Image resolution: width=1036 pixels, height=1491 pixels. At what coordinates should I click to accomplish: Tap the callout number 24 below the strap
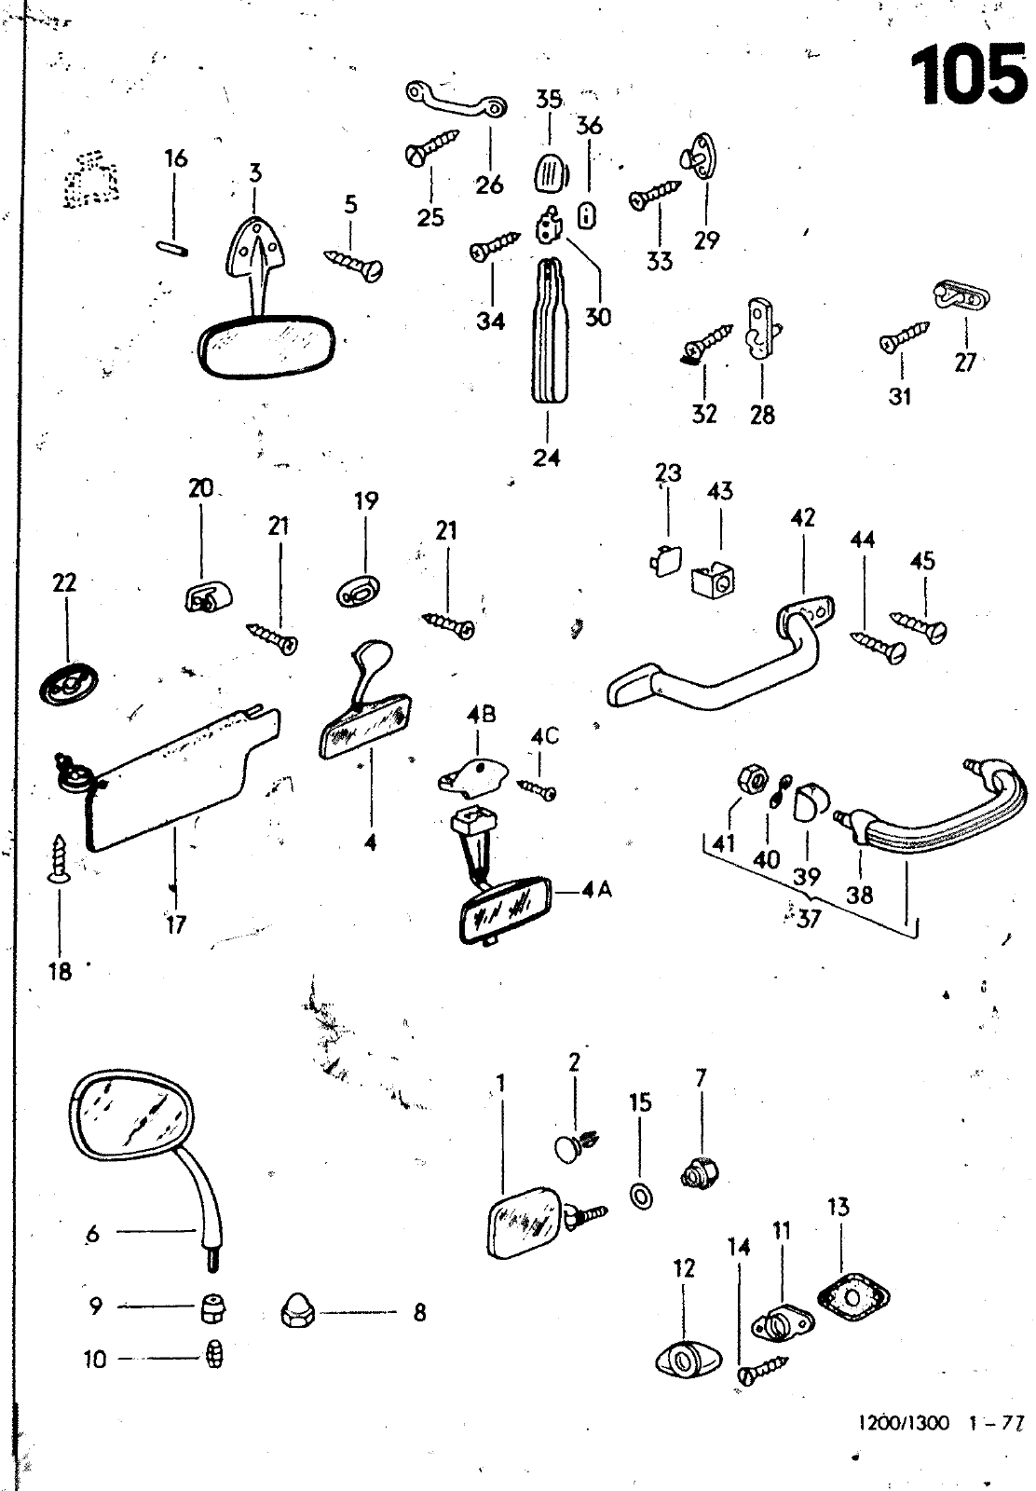[547, 457]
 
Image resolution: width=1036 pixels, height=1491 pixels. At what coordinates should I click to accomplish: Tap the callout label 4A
[595, 890]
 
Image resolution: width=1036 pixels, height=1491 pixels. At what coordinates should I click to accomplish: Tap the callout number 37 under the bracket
[809, 919]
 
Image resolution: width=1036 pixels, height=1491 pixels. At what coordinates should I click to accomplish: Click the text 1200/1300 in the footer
[903, 1424]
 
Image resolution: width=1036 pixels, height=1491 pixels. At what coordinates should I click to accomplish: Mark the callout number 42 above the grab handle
[802, 516]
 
